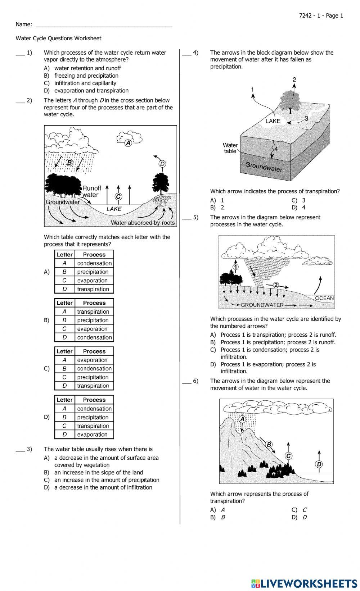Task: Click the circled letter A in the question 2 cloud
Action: coord(128,143)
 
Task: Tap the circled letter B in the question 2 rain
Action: coord(69,163)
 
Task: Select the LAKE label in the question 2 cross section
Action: coord(114,209)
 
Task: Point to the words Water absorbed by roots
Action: coord(143,223)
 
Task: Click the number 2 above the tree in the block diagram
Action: coord(294,80)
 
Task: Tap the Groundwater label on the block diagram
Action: coord(264,167)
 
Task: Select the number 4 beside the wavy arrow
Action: coord(276,149)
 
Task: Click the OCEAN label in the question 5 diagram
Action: coord(324,298)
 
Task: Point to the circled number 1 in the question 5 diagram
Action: coord(235,267)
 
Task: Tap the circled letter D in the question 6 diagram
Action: coord(319,464)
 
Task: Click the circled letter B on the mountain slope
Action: coord(269,445)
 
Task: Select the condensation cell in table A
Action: coord(94,263)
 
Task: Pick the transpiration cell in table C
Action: coord(93,386)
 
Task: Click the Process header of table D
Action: coord(94,400)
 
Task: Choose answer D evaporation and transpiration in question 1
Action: coord(91,91)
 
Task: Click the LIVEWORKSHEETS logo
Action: coord(304,583)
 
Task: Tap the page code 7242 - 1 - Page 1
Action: coord(321,15)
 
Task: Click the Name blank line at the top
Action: coord(104,25)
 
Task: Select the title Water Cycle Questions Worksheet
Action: coord(58,38)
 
